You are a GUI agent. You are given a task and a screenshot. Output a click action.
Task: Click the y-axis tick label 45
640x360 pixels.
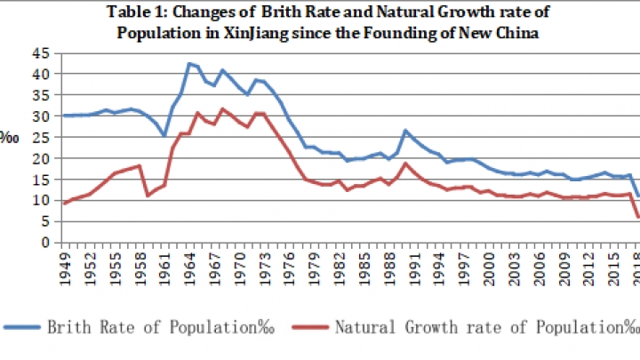tap(42, 53)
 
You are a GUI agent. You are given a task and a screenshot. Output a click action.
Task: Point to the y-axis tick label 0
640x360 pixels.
tap(45, 242)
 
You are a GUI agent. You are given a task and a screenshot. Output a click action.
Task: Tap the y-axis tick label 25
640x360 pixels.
tap(42, 137)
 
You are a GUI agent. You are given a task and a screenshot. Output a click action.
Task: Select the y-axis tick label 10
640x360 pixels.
tap(42, 200)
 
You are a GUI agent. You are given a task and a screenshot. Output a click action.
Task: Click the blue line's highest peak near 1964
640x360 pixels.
tap(189, 64)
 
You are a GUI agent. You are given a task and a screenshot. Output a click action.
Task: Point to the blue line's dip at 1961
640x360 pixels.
tap(164, 135)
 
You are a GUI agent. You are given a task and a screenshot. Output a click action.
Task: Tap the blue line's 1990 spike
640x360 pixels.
tap(406, 131)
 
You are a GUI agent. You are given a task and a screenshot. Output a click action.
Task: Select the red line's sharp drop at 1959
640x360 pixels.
tap(148, 195)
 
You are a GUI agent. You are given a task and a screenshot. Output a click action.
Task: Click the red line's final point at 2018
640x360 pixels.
tap(637, 216)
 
